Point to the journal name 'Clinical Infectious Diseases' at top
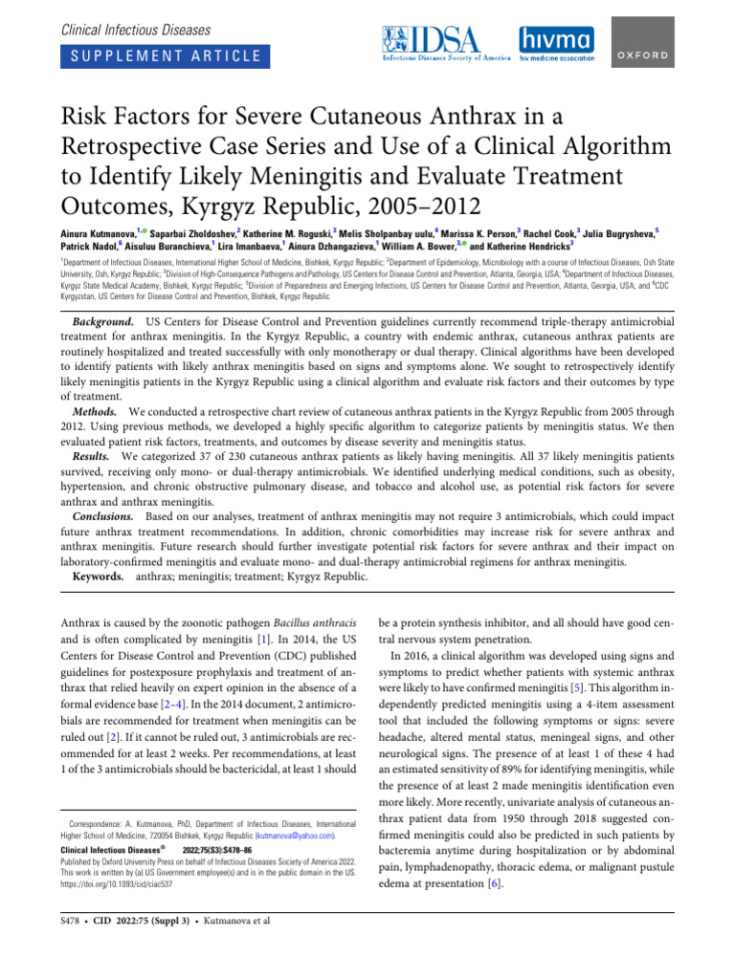coord(136,31)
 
